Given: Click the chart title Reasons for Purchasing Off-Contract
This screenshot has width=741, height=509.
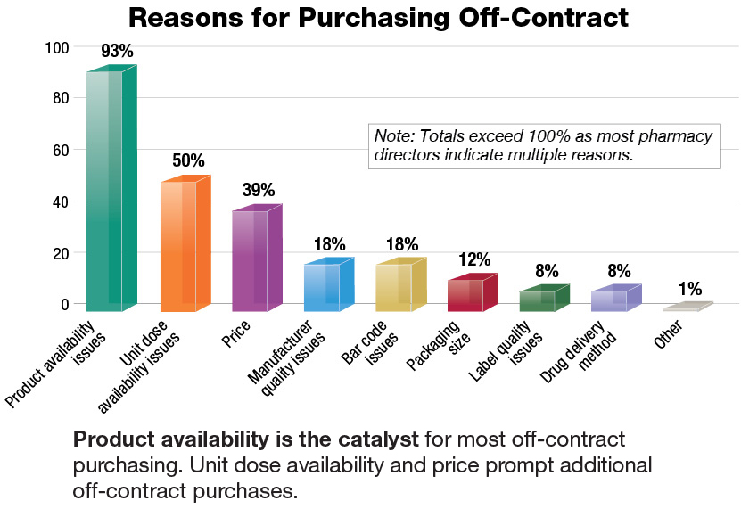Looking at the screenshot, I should [x=378, y=17].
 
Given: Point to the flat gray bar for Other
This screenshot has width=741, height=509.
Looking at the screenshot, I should [x=687, y=307].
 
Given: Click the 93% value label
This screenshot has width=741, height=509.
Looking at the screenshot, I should [x=117, y=52].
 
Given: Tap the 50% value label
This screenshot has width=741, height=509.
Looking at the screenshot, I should [x=188, y=161].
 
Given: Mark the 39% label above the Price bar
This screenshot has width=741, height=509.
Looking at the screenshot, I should [x=259, y=190].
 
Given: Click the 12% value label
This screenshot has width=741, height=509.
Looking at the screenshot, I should [x=474, y=259].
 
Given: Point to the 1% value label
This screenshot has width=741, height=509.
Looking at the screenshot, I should [x=689, y=289].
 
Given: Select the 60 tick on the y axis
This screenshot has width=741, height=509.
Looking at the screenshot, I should [x=60, y=150].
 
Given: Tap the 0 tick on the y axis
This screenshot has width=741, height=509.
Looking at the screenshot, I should [x=63, y=304].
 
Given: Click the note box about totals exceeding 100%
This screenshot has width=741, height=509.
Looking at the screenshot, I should [x=543, y=145].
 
